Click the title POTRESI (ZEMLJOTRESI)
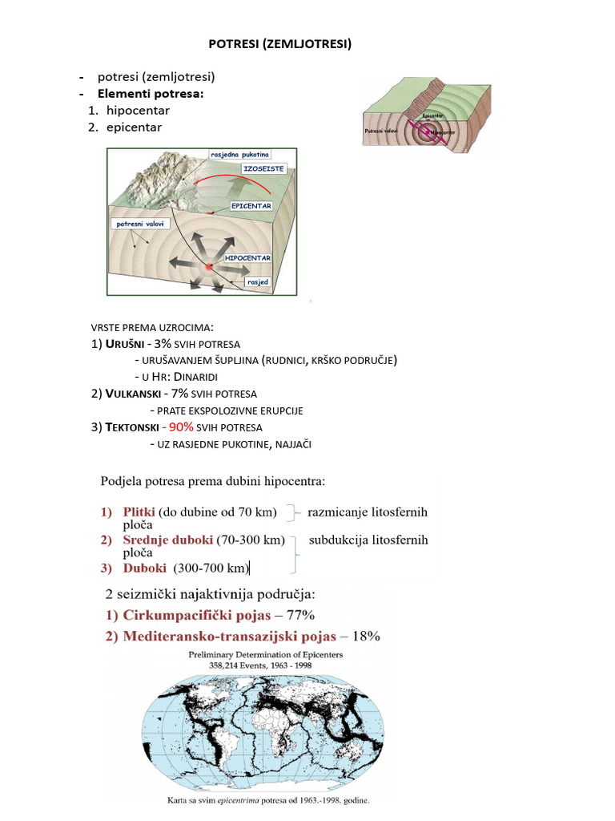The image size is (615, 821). click(x=279, y=44)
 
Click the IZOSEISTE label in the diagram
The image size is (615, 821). click(x=263, y=169)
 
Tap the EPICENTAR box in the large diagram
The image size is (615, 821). click(x=251, y=206)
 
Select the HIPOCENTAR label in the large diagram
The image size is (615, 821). click(x=247, y=258)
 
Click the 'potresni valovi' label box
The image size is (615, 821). click(x=141, y=224)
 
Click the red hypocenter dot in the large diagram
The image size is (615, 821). click(x=209, y=266)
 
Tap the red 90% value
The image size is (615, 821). click(x=180, y=427)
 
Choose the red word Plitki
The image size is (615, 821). click(x=139, y=512)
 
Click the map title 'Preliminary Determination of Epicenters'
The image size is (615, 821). click(x=265, y=655)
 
